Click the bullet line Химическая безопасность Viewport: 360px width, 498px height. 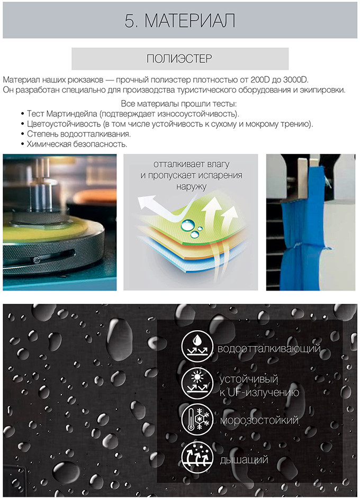pyautogui.click(x=77, y=144)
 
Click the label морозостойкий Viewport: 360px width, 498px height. pyautogui.click(x=259, y=420)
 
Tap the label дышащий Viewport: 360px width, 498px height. pyautogui.click(x=244, y=460)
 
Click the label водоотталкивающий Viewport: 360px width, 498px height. pyautogui.click(x=269, y=349)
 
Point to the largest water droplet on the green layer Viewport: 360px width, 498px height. pyautogui.click(x=186, y=225)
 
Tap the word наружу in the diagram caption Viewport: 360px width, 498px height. pyautogui.click(x=191, y=186)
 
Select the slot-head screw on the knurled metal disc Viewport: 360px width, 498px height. pyautogui.click(x=36, y=260)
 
